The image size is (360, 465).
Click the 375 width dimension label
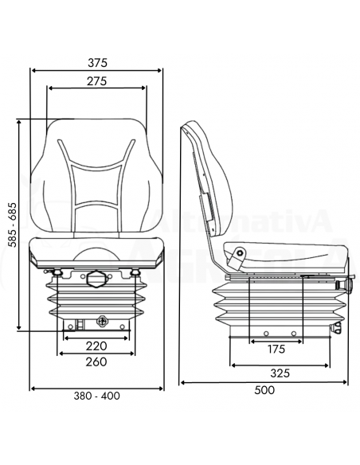point(97,62)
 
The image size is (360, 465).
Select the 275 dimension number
point(97,81)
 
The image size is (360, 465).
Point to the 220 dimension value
point(96,346)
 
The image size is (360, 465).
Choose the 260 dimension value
point(96,362)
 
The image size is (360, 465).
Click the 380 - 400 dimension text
point(96,396)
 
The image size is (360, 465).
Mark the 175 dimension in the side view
point(276,349)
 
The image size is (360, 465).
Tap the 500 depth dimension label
point(264,390)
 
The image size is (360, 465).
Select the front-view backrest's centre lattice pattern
point(96,187)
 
